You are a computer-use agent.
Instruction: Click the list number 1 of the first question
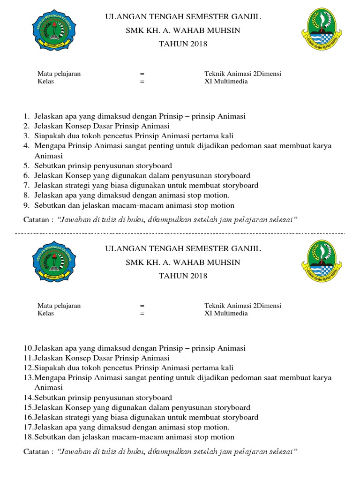(26, 116)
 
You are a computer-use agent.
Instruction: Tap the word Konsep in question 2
(80, 126)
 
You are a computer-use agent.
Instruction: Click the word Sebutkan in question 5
(48, 165)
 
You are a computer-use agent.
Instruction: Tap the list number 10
(28, 348)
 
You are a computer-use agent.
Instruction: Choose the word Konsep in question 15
(80, 407)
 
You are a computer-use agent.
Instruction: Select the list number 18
(28, 437)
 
